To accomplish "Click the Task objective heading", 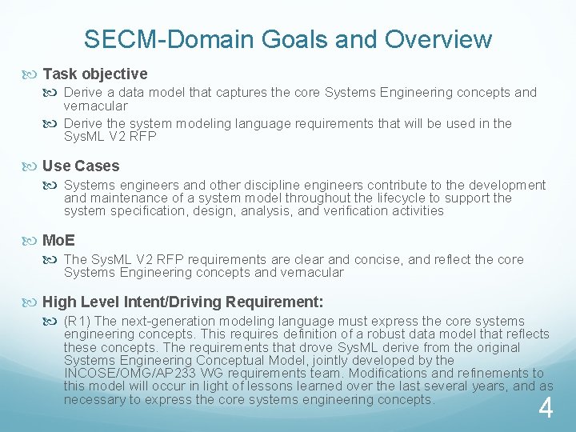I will pos(94,74).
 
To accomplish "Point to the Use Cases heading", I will pos(80,166).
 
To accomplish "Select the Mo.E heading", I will pos(58,240).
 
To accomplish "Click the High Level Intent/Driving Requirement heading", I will pos(182,302).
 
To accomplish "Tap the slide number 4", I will pos(546,409).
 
